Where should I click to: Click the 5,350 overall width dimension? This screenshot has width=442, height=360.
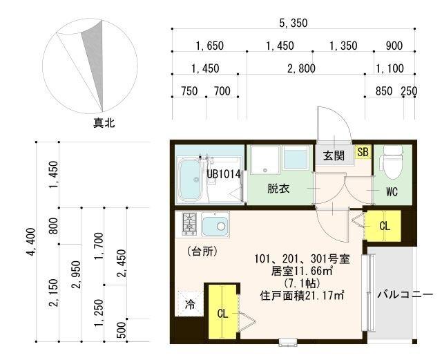294,23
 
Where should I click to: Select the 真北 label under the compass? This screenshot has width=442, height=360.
104,124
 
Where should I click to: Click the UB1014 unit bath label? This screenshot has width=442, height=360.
224,175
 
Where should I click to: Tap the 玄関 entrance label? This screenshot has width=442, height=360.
334,156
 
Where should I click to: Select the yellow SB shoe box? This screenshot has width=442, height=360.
362,151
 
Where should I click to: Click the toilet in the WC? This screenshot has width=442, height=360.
392,160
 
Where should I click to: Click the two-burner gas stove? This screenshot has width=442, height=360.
189,223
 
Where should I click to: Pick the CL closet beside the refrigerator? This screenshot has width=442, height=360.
222,312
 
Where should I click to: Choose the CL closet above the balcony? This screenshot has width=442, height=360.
384,225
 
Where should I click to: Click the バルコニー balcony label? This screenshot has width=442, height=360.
405,295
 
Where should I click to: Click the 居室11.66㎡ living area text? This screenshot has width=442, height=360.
302,272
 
